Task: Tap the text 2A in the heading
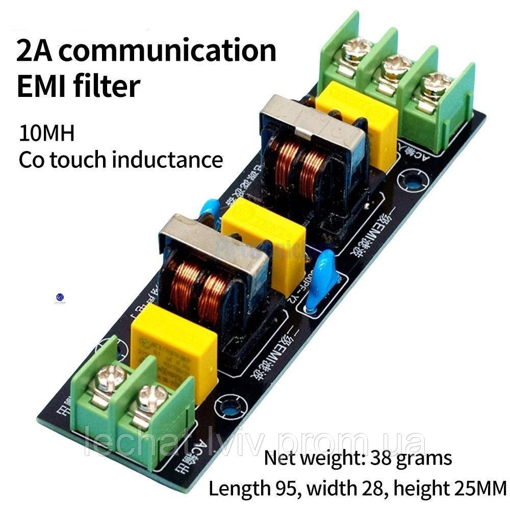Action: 36,51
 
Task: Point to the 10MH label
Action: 47,134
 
